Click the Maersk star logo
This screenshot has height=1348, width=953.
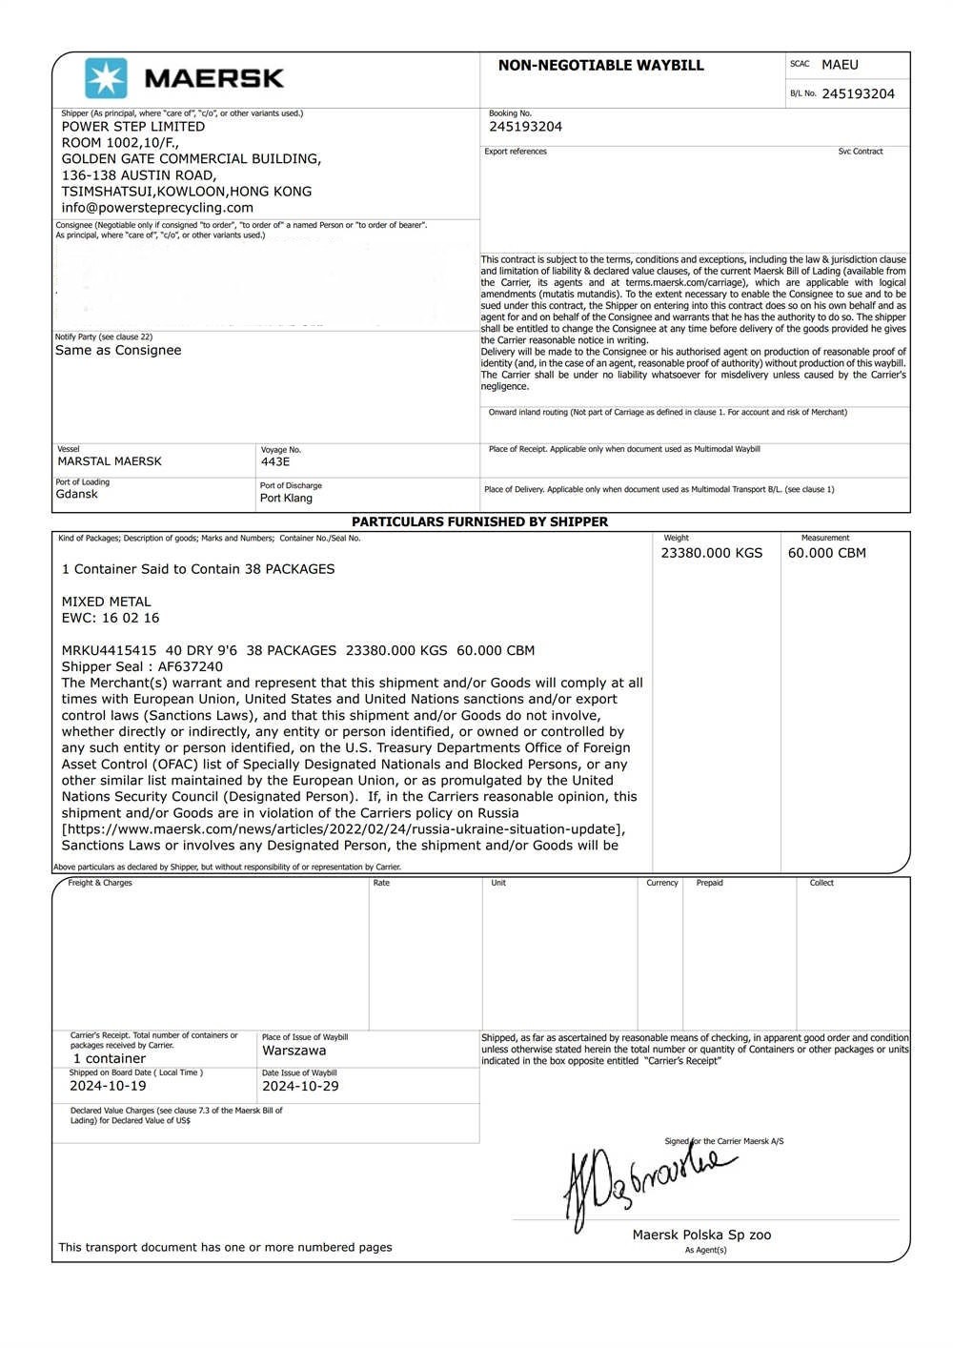[106, 78]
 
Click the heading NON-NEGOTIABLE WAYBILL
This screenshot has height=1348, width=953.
[600, 66]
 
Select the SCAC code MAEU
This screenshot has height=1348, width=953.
[840, 65]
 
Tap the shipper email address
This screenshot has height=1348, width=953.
[157, 208]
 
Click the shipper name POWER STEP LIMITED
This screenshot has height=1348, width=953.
[133, 127]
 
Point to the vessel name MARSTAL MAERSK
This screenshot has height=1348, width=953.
[110, 461]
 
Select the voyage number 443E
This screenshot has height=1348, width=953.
[275, 462]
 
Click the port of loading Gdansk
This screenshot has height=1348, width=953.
[77, 495]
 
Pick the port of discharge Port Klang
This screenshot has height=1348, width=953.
[286, 499]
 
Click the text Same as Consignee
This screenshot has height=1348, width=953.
[118, 351]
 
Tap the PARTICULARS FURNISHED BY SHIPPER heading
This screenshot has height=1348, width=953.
[479, 522]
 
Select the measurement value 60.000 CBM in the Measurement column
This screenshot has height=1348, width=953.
[826, 553]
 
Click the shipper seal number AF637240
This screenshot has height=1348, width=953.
[191, 667]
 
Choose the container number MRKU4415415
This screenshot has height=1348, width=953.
[106, 651]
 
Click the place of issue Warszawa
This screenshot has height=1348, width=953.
[294, 1051]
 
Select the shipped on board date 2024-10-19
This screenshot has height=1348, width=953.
[108, 1086]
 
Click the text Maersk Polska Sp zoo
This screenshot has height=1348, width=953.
[701, 1236]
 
